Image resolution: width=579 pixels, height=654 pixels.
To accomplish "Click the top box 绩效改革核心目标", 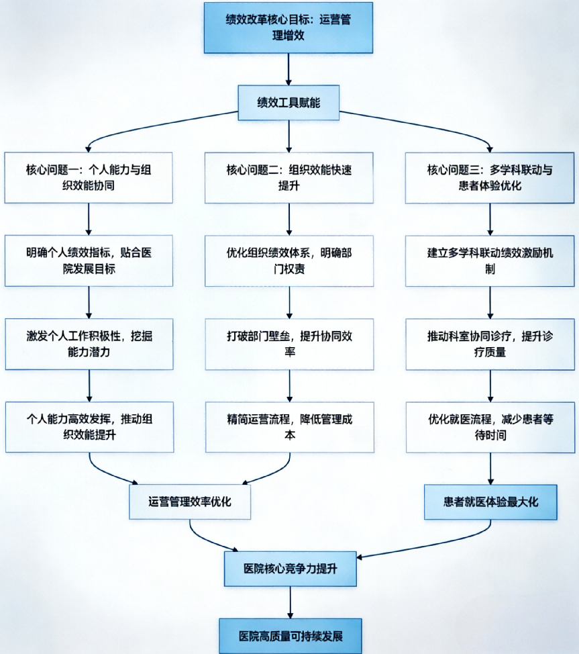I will tap(288, 27).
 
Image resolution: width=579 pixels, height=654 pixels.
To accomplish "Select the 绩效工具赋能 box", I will tap(288, 103).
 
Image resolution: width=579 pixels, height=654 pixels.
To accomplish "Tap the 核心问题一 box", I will tap(89, 177).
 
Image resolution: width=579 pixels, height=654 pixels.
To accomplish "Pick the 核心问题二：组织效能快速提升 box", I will tap(288, 177).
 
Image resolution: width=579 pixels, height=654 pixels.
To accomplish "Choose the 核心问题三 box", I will tap(490, 177).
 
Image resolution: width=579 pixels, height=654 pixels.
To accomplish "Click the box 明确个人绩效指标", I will tap(89, 261).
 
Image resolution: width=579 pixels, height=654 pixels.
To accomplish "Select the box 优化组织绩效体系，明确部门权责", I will tap(288, 261).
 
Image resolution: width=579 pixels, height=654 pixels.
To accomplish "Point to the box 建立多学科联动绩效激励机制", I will tap(490, 261).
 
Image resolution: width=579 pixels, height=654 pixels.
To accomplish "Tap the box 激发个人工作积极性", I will tap(89, 344).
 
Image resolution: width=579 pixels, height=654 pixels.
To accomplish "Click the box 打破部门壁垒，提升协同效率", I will tap(288, 344).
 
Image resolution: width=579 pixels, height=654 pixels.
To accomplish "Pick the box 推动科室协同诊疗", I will tap(490, 344).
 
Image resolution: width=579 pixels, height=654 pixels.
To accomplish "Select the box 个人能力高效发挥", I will tap(89, 426).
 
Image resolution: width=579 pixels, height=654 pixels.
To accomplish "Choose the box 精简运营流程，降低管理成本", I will tap(288, 426).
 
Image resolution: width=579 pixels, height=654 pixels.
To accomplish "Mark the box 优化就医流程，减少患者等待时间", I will tap(490, 426).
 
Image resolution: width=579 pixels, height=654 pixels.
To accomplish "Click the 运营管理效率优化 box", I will tap(190, 502).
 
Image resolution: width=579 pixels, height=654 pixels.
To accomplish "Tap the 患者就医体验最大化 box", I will tap(490, 502).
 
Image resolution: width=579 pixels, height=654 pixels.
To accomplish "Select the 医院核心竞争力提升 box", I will tap(290, 569).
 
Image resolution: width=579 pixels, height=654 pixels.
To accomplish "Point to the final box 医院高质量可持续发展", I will tap(290, 635).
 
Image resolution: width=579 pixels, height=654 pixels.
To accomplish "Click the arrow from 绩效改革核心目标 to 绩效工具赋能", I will tap(288, 70).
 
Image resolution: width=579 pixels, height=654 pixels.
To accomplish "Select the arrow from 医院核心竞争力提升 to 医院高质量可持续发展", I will tap(290, 602).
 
